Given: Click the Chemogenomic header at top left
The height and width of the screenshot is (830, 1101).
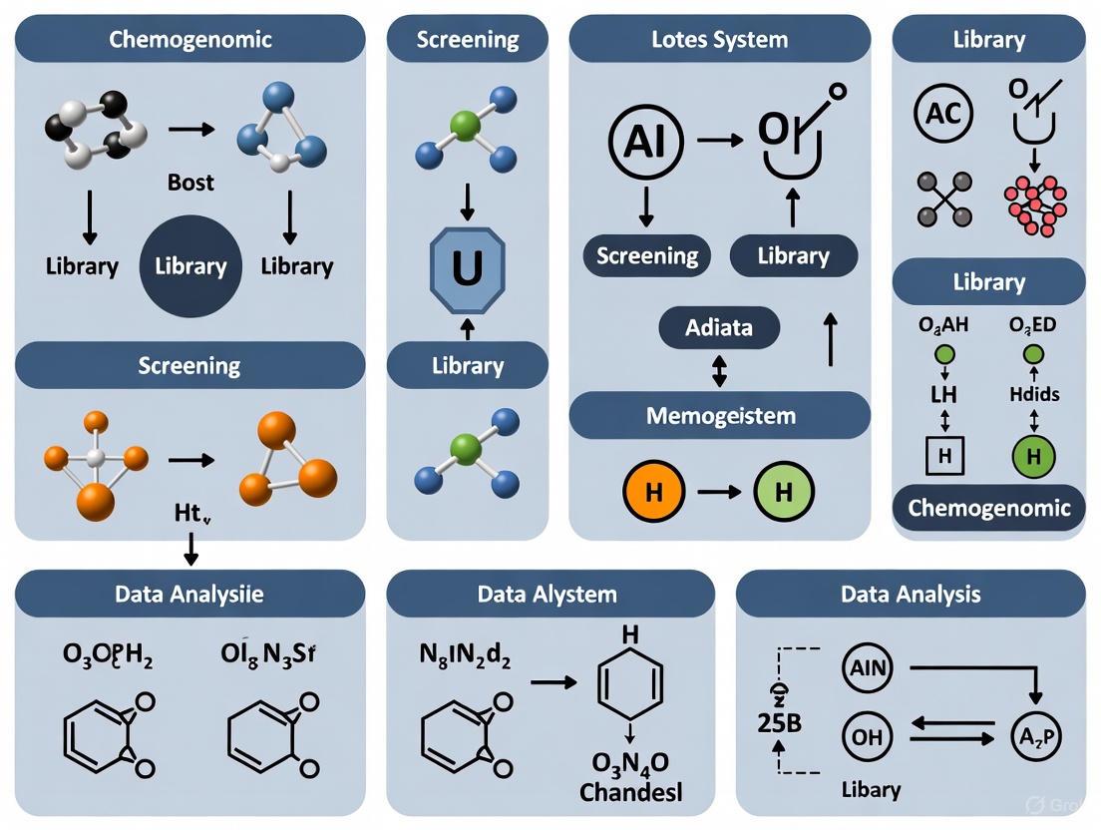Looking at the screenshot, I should tap(189, 40).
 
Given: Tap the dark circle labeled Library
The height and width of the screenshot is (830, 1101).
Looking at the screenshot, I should tap(189, 266).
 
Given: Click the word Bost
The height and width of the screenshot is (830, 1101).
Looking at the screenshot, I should tap(190, 183).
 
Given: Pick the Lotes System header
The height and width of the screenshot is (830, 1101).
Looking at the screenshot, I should tap(719, 40).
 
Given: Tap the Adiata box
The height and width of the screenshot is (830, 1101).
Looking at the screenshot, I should tap(719, 328).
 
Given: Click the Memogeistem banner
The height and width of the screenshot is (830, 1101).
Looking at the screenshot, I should tap(719, 415).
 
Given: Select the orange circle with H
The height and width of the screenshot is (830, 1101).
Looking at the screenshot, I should tap(652, 492).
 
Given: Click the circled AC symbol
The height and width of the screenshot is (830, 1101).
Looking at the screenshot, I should tap(943, 113).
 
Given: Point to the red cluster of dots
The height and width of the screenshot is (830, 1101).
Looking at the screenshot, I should tap(1034, 206).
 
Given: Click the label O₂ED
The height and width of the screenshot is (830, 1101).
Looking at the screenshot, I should tap(1033, 324).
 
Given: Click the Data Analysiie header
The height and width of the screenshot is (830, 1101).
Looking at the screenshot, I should tap(189, 594).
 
